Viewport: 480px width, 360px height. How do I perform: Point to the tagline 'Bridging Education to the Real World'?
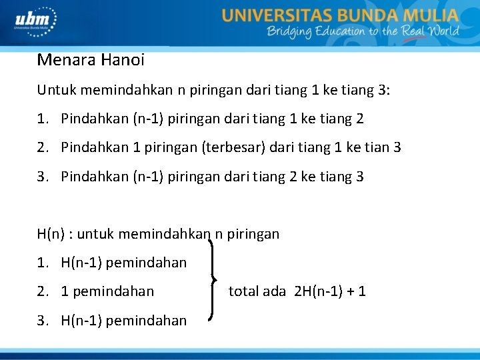point(363,31)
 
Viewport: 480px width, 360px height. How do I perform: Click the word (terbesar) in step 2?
point(233,147)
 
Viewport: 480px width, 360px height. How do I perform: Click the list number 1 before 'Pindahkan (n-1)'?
point(42,119)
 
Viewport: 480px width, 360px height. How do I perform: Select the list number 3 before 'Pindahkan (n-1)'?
point(42,177)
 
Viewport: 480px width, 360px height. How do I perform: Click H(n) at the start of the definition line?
point(53,234)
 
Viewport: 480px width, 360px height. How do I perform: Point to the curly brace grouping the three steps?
point(215,277)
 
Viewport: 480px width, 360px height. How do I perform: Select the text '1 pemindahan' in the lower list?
point(107,291)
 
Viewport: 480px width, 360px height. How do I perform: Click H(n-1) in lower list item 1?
point(81,263)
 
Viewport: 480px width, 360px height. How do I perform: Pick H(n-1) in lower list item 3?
point(81,321)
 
